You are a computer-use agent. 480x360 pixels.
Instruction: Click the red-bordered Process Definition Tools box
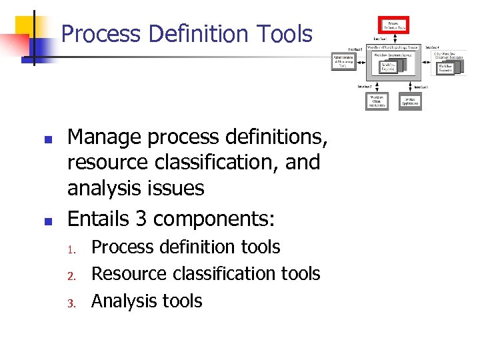393,26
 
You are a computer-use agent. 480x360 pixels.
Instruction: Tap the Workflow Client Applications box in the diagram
377,101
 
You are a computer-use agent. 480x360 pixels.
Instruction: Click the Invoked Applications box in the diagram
411,101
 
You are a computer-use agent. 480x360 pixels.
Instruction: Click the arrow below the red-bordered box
393,40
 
